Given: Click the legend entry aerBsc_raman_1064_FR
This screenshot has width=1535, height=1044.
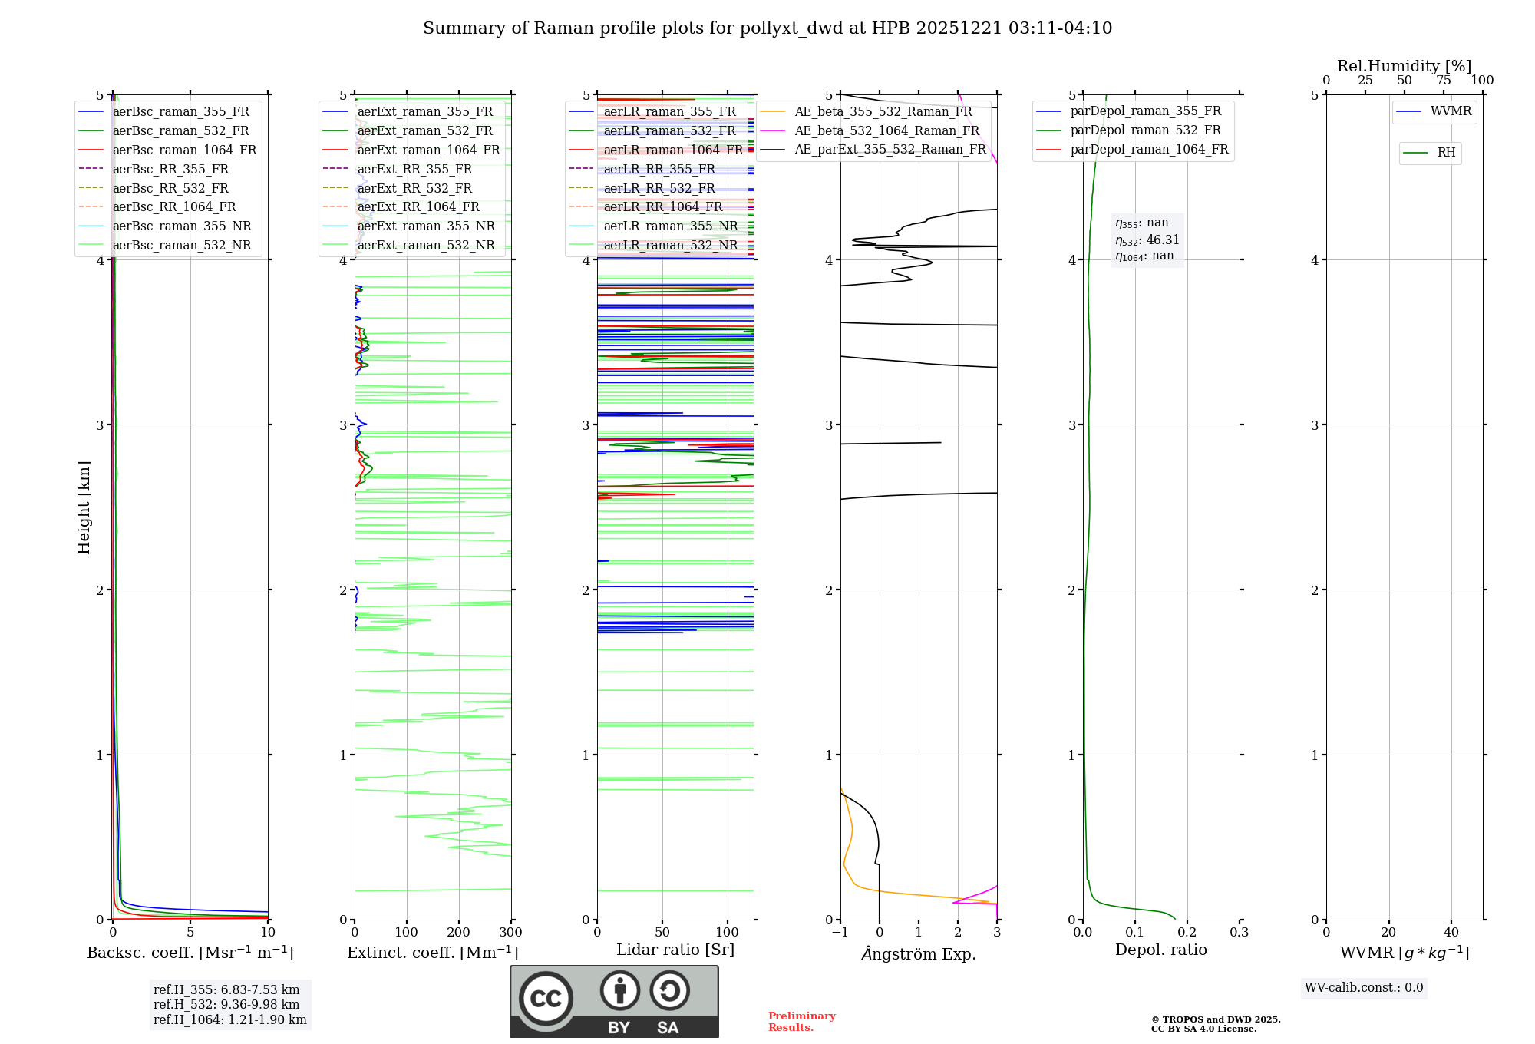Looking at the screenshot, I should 184,150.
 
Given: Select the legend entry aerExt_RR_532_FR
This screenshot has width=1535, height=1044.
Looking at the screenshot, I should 414,188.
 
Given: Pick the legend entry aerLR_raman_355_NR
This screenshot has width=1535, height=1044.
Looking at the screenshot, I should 670,226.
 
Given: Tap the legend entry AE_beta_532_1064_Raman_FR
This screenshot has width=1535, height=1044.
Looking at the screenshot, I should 886,131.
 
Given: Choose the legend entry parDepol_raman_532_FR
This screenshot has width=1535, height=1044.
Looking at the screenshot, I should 1145,130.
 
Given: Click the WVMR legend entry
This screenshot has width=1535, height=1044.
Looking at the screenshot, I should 1451,111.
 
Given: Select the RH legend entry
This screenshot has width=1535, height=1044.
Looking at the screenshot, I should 1446,153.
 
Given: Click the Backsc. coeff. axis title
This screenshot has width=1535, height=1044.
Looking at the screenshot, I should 190,953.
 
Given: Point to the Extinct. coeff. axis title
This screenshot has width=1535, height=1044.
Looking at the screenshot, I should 433,953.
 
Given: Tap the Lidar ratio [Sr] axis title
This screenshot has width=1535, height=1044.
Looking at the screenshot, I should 675,950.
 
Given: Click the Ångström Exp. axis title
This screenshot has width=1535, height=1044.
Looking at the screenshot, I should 919,953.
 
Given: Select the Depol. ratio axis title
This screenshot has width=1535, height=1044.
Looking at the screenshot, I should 1161,950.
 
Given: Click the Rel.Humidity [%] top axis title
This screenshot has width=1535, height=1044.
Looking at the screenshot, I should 1405,66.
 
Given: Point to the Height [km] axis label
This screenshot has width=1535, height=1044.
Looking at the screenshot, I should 84,507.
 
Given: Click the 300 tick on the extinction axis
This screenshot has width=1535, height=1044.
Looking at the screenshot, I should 511,933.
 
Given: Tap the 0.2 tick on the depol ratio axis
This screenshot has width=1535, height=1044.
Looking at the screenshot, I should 1187,933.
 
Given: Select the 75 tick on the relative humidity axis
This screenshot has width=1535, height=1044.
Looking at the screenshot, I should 1444,81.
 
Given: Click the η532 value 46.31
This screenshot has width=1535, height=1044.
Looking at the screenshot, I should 1163,240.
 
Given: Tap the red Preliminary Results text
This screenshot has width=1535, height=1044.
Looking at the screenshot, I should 802,1022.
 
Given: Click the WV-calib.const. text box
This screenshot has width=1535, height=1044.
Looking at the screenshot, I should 1364,988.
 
